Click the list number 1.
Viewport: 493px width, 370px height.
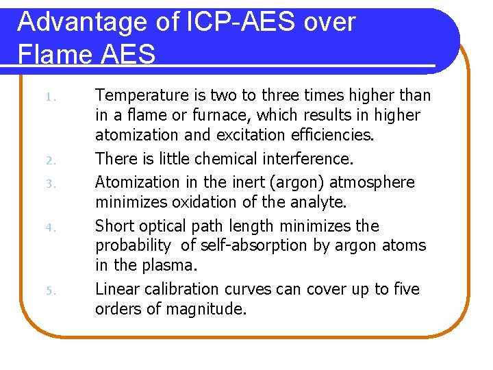(50, 96)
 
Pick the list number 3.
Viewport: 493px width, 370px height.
(50, 184)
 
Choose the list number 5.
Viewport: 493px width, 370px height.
(50, 291)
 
